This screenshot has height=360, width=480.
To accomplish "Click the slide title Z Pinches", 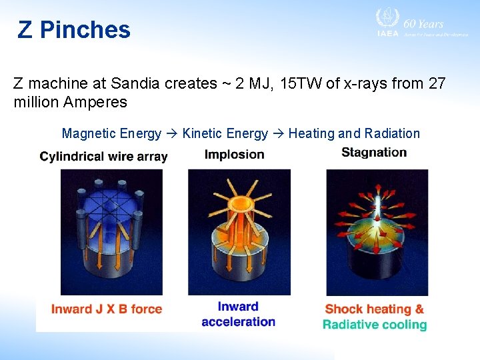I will (74, 30).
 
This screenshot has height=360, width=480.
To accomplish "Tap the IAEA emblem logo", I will (387, 19).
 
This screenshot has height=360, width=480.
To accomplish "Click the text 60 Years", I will (423, 23).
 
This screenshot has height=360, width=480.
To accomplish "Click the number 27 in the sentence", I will (436, 84).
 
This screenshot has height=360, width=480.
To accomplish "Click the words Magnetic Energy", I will (111, 133).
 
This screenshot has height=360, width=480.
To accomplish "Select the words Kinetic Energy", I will (225, 133).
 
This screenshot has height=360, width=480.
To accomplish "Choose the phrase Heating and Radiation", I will (354, 133).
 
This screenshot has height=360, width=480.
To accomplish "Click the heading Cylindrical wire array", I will (103, 157).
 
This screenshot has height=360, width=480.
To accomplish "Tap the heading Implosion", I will (234, 155).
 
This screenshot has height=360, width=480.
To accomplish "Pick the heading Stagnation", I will (374, 153).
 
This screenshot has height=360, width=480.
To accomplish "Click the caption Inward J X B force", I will (107, 309).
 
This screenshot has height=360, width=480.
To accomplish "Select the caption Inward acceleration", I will (238, 314).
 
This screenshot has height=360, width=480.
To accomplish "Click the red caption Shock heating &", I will (374, 309).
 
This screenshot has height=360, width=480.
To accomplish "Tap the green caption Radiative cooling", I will (374, 325).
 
